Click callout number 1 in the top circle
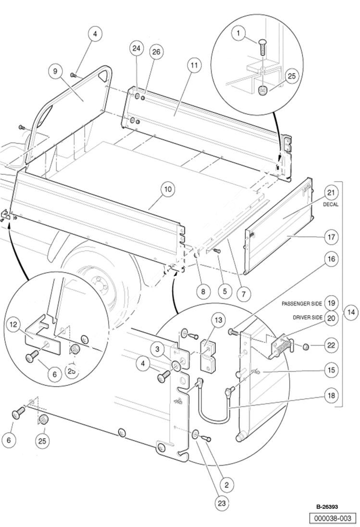(237, 33)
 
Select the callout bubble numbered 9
(55, 71)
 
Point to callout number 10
(168, 189)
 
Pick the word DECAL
(331, 204)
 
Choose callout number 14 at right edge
(351, 312)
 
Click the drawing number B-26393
(327, 507)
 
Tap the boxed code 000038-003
(333, 518)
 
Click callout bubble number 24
(137, 49)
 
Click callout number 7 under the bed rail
(244, 291)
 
